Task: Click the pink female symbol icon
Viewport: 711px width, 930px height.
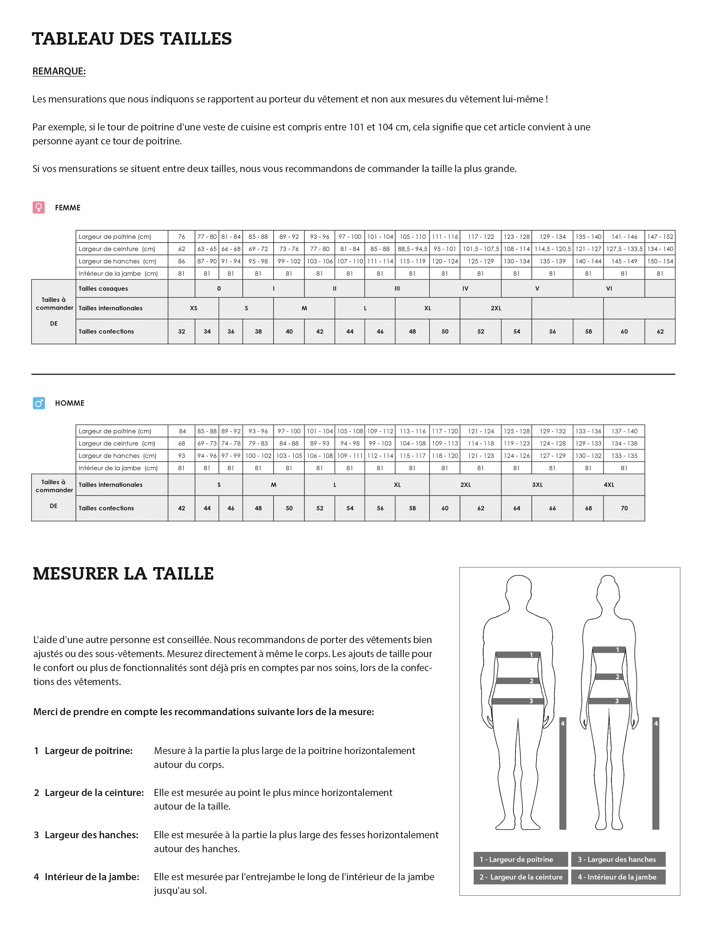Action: (x=39, y=207)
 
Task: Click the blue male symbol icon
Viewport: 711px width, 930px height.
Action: (x=39, y=403)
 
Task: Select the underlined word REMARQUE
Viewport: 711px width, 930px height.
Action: (x=59, y=71)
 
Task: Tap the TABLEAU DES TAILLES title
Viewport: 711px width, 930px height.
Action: (x=132, y=39)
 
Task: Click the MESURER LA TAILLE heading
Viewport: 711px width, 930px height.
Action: (x=123, y=573)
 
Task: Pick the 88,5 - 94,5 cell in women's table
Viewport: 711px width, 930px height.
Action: (x=412, y=249)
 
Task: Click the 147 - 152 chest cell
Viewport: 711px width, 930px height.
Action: (x=660, y=237)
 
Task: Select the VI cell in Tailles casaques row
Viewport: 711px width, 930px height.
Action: (x=609, y=289)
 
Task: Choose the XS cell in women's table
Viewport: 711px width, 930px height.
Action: (x=194, y=308)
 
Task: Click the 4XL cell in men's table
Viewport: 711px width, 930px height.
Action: (x=609, y=485)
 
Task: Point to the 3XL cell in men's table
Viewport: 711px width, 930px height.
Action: (x=537, y=485)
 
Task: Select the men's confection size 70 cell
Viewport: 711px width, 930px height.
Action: (x=624, y=508)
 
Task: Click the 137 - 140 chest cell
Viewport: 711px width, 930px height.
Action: (x=624, y=431)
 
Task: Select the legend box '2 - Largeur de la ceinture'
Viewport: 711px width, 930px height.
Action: (x=520, y=877)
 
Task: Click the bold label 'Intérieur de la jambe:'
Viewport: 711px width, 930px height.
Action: (x=92, y=877)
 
